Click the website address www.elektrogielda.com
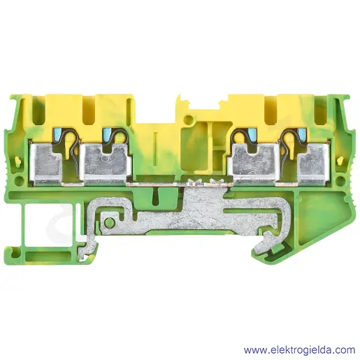299,350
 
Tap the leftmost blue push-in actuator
57,134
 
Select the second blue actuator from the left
106,134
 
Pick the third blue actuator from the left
251,134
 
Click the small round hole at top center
187,120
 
